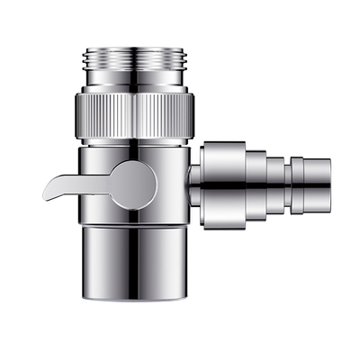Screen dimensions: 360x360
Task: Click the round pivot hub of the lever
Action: tap(132, 184)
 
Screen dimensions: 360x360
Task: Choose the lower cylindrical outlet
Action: tap(135, 261)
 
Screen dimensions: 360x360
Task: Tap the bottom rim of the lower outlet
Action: tap(135, 301)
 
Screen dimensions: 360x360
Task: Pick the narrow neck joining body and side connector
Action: tap(193, 184)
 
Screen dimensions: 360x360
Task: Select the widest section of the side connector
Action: tap(222, 184)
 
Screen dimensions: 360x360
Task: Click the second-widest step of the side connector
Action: tap(256, 184)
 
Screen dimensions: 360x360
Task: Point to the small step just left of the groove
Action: tap(275, 184)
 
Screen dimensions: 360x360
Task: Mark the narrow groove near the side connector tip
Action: tap(291, 184)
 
